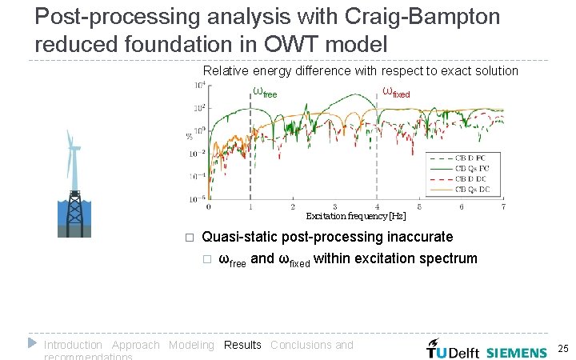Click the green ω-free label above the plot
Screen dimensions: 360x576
tap(264, 91)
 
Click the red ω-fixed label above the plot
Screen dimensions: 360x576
tap(396, 92)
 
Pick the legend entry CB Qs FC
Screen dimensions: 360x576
tap(474, 167)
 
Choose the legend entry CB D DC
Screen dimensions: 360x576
tap(474, 178)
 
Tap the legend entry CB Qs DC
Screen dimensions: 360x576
tap(474, 190)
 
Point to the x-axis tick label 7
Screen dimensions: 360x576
tap(503, 207)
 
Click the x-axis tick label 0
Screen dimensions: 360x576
tap(209, 207)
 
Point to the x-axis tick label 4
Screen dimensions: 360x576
tap(377, 207)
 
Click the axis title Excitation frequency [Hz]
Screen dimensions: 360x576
tap(355, 216)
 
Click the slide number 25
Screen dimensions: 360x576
tap(562, 349)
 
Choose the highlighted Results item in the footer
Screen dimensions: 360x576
tap(242, 345)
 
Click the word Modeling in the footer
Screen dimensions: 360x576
tap(191, 345)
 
